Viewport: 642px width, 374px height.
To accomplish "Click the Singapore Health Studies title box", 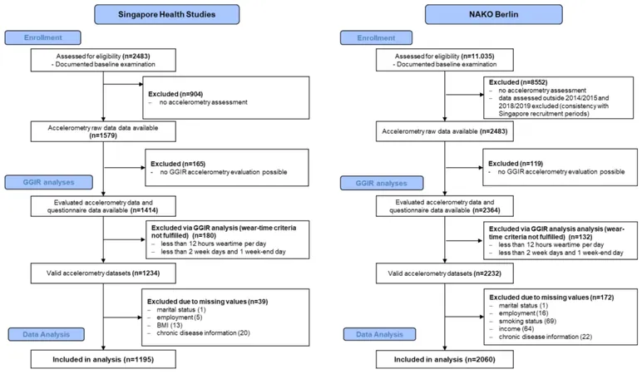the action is click(x=166, y=14).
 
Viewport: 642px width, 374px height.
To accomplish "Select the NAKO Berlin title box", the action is click(x=493, y=14).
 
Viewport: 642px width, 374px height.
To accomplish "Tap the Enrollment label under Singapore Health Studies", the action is click(x=42, y=37).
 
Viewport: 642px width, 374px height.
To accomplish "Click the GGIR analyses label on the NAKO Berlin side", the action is click(x=381, y=183).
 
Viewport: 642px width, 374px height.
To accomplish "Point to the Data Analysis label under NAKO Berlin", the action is click(x=379, y=334).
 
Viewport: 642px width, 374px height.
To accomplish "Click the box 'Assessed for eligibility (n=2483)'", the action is click(x=103, y=60).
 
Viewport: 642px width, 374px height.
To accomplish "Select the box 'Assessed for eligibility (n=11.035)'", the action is click(x=445, y=60).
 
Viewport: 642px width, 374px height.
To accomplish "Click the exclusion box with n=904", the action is click(x=225, y=98).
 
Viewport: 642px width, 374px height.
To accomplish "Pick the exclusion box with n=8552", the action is click(x=559, y=98).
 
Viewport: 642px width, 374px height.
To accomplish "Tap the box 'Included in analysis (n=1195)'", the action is click(x=103, y=359).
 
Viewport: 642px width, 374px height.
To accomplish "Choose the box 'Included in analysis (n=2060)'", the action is click(x=445, y=359).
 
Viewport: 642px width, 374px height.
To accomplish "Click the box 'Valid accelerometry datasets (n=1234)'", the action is click(x=103, y=273).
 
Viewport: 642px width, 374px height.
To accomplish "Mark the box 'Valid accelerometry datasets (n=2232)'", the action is click(x=445, y=273).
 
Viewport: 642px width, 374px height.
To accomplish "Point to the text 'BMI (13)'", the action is click(x=170, y=325).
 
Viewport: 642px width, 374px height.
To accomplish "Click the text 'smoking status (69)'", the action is click(x=527, y=321).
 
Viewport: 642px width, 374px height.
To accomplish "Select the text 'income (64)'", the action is click(x=516, y=329).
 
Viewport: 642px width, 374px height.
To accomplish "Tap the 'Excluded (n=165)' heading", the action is click(x=178, y=164).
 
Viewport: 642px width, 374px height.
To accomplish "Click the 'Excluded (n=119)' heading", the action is click(x=516, y=163).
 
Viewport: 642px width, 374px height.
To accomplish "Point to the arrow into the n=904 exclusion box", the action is click(x=123, y=84).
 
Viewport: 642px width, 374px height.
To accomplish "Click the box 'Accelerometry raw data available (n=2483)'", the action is click(x=445, y=131).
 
